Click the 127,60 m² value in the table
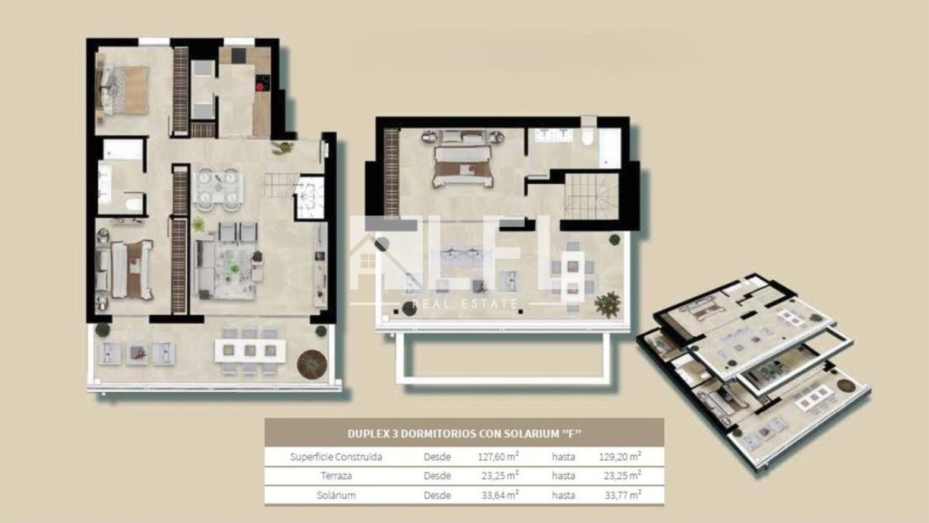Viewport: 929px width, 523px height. click(498, 456)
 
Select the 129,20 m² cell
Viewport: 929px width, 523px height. click(620, 456)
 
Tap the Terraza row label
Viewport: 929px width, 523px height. click(336, 476)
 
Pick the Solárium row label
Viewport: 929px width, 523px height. click(336, 495)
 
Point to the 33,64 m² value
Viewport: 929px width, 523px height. click(500, 495)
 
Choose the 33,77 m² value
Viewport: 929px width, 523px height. click(623, 495)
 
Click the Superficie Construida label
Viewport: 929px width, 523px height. click(336, 456)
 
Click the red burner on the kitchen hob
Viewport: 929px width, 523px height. click(260, 87)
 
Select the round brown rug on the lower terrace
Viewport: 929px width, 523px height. click(312, 364)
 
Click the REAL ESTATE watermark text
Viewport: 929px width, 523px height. click(465, 304)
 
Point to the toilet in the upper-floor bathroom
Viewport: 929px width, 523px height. click(587, 136)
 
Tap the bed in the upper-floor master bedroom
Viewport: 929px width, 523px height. click(463, 159)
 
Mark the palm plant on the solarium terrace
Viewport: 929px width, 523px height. click(608, 304)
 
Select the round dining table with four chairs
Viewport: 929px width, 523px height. click(217, 187)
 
